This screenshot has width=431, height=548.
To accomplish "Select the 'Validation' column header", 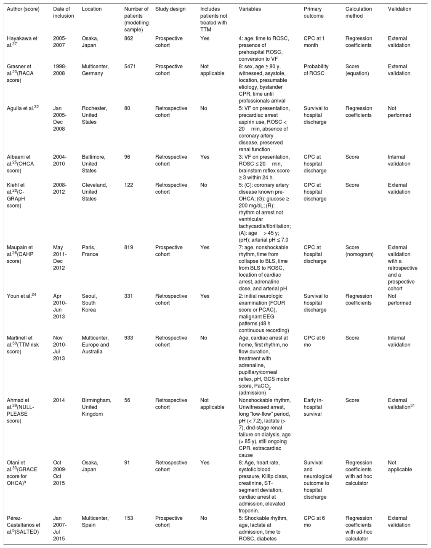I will click(399, 9).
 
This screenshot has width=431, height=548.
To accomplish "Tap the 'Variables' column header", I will click(250, 9).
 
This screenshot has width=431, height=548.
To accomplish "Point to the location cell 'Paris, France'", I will click(90, 251).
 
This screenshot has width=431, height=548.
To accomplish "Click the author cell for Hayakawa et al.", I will click(22, 42).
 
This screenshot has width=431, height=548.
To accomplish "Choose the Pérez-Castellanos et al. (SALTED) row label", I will click(24, 525).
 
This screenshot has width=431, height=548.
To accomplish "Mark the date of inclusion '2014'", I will click(59, 400).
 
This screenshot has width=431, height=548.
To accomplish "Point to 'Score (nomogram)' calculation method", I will click(359, 251).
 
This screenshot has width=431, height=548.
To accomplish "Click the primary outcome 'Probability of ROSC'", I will click(316, 70).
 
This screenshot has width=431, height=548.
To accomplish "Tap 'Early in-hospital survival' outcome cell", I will click(315, 407).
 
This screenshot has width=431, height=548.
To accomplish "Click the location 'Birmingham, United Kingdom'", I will click(96, 407).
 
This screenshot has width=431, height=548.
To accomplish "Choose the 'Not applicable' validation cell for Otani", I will click(400, 466).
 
